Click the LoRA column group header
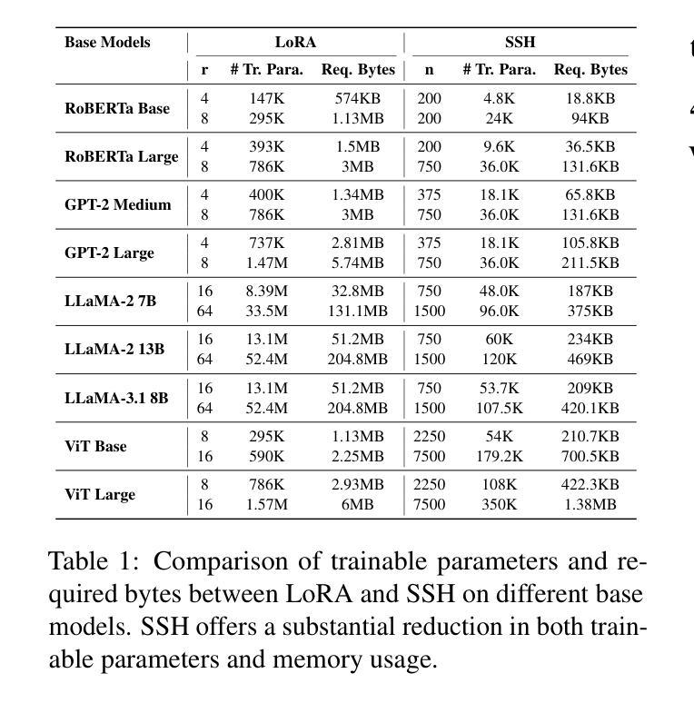coord(295,42)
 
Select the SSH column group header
coord(520,42)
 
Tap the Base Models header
coord(107,42)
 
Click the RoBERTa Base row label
coord(117,108)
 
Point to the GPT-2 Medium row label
coord(118,205)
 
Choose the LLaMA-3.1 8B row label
coord(116,398)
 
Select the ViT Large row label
coord(100,494)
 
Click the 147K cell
coord(267,99)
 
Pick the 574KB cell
coord(358,99)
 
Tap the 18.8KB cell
coord(590,99)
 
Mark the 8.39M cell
coord(267,292)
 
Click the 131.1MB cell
coord(358,312)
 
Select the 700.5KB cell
coord(590,457)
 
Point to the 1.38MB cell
coord(590,505)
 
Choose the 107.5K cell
coord(500,409)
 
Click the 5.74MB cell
coord(358,263)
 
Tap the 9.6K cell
coord(500,147)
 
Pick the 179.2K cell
coord(500,457)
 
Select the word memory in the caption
coord(316,660)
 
